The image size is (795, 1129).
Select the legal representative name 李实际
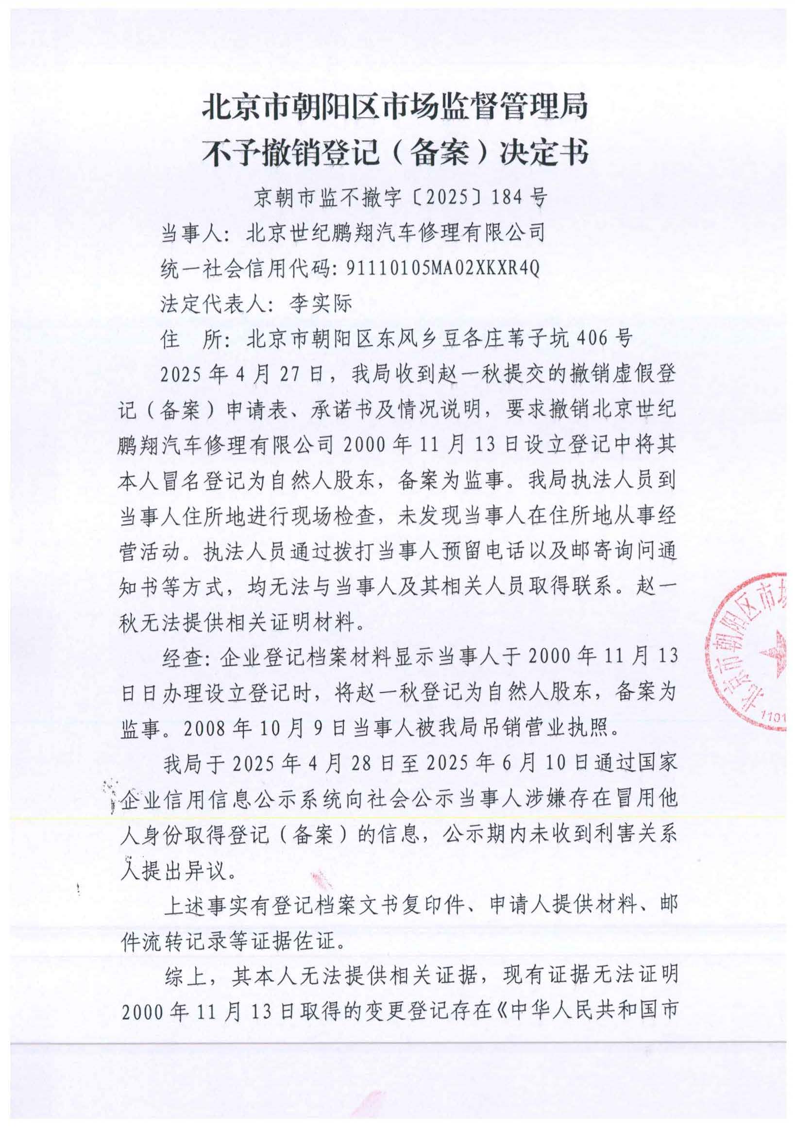click(321, 304)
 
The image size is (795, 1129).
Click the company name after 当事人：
click(396, 233)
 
